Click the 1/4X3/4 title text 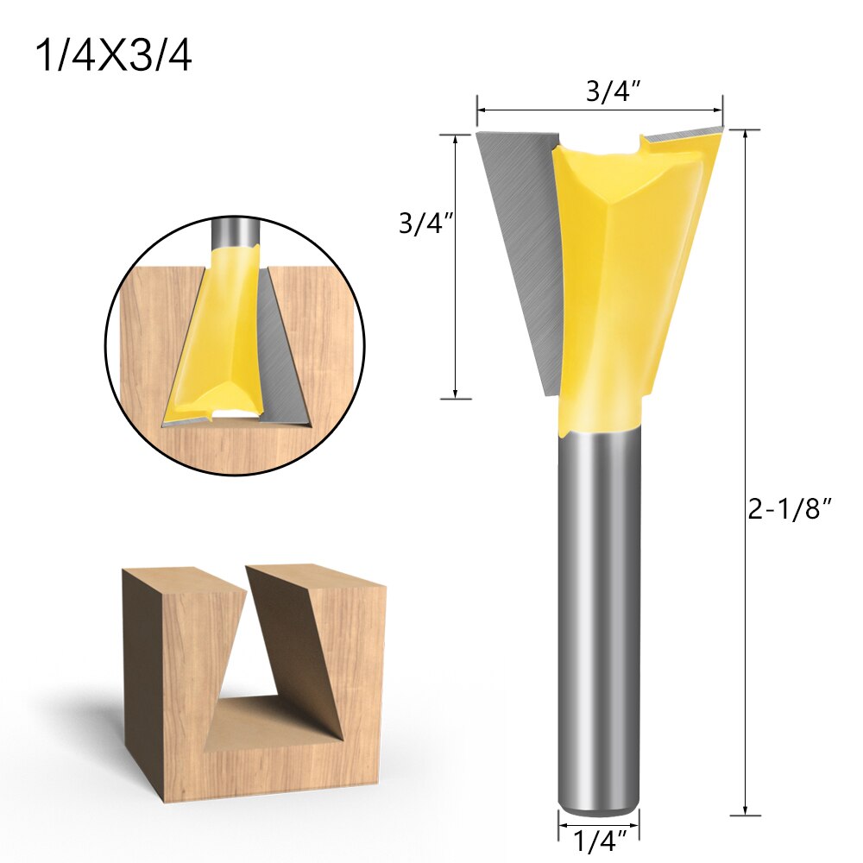tap(113, 56)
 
